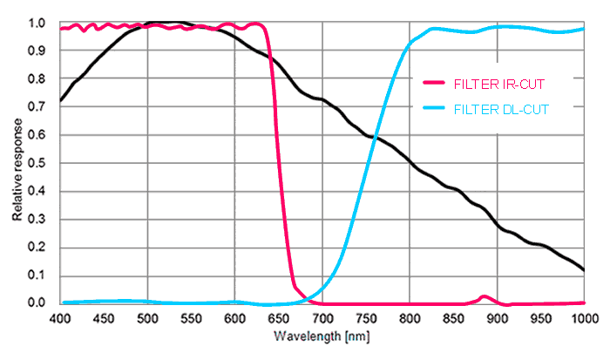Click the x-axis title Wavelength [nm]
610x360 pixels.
[x=311, y=336]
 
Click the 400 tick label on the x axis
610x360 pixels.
[x=60, y=318]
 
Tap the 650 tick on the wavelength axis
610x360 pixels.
[x=279, y=318]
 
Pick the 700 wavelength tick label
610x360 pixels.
[x=322, y=318]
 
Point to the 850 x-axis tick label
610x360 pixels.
[x=453, y=318]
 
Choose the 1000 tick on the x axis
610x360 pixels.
[x=582, y=318]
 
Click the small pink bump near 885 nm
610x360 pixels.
[x=485, y=297]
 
